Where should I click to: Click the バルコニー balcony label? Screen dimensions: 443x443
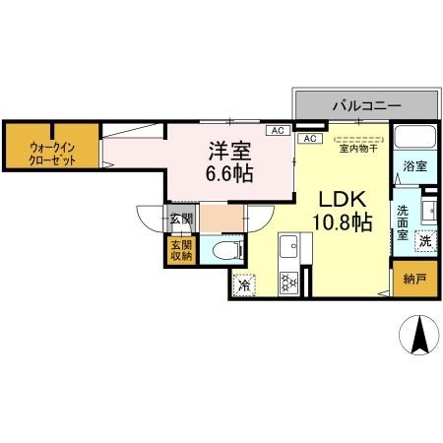click(x=364, y=103)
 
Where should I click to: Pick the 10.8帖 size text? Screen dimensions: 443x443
click(x=342, y=223)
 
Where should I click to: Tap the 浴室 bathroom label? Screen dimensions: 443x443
click(x=413, y=167)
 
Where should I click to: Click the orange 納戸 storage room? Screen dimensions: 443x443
click(x=414, y=281)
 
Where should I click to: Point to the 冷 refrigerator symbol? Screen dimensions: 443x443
click(x=244, y=285)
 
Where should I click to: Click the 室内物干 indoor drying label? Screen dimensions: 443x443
click(x=357, y=150)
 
